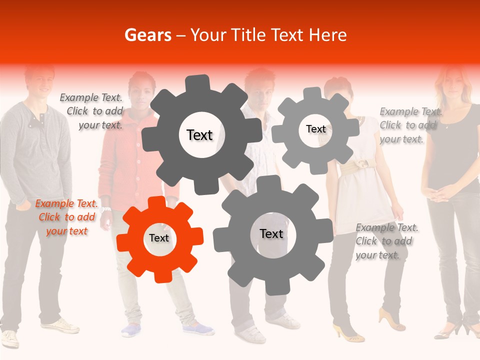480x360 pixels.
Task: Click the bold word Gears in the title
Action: pos(148,35)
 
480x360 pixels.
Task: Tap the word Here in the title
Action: pos(327,35)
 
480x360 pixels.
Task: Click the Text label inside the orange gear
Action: pos(159,238)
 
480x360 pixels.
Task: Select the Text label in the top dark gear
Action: pos(199,135)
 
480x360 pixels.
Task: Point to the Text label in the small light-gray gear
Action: pos(315,129)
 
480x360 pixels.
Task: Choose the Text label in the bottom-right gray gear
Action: pos(271,234)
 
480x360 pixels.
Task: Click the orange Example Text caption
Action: pos(66,217)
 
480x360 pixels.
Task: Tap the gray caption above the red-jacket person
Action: pos(92,111)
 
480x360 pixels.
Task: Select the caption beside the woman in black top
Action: pos(408,125)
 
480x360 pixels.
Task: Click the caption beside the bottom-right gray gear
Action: pos(385,241)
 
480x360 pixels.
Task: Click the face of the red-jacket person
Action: pos(138,92)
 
